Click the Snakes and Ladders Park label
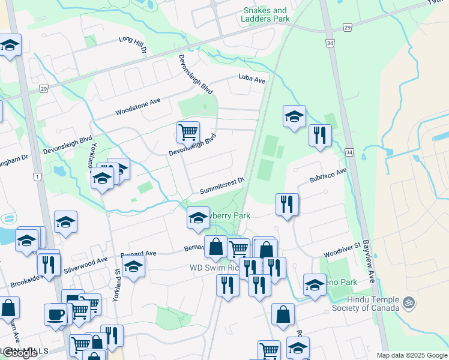[266, 14]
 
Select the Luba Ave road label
[252, 78]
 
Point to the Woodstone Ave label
[138, 107]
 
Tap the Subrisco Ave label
[328, 175]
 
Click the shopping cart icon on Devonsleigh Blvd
[188, 131]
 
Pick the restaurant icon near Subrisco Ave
[288, 204]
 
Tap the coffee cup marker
[56, 314]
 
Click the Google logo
[19, 353]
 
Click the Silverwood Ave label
[85, 265]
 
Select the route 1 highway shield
[37, 176]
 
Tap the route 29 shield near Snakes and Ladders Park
[347, 28]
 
